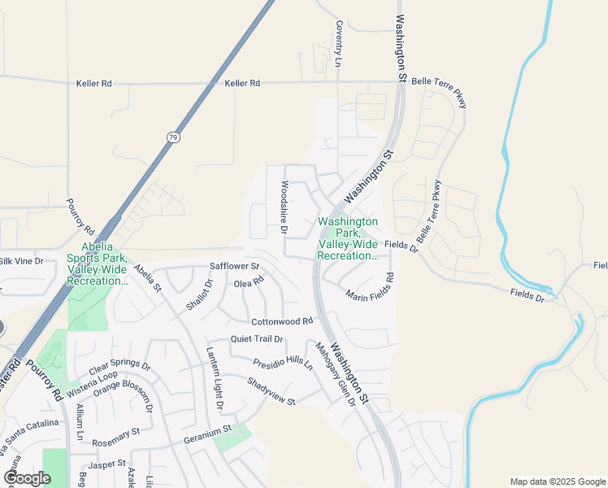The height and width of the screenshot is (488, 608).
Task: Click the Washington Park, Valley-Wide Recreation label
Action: [348, 238]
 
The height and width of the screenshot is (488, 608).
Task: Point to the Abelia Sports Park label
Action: [97, 264]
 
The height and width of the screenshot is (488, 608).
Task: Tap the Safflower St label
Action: [234, 266]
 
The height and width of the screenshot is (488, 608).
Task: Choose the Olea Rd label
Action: [250, 283]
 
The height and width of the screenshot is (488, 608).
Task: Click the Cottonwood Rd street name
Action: [282, 321]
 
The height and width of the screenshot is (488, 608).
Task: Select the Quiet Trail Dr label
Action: [257, 339]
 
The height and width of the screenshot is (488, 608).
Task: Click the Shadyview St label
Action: [271, 390]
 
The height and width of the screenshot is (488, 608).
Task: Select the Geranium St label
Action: [208, 428]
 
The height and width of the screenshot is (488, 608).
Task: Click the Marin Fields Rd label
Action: [370, 286]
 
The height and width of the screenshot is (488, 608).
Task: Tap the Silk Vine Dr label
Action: [22, 261]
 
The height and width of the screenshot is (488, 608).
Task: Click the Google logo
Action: [27, 478]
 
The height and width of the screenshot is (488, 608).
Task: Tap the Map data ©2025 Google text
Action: [558, 481]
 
